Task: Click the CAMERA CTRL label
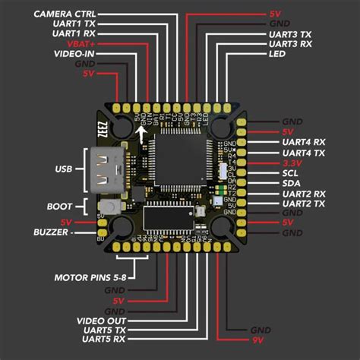click(x=65, y=14)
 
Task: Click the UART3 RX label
click(x=290, y=45)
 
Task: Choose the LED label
click(x=279, y=55)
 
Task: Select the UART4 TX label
click(x=303, y=153)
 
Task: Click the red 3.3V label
click(x=292, y=163)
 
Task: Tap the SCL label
click(x=289, y=173)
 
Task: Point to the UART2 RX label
click(x=303, y=194)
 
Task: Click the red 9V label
click(x=257, y=340)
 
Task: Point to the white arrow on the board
click(x=143, y=134)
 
